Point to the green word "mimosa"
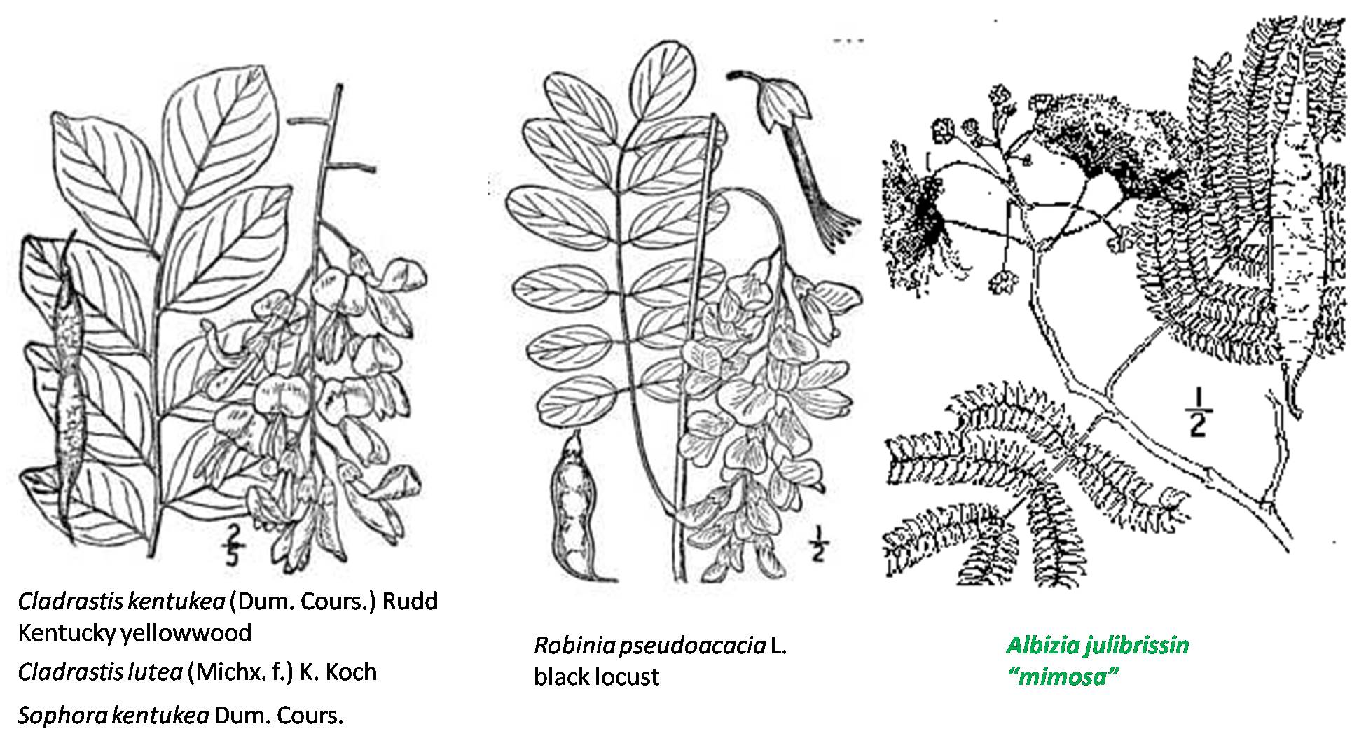click(1062, 676)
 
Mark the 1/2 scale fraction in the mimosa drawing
click(1197, 411)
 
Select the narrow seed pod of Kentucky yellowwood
click(69, 389)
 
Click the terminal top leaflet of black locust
click(662, 78)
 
